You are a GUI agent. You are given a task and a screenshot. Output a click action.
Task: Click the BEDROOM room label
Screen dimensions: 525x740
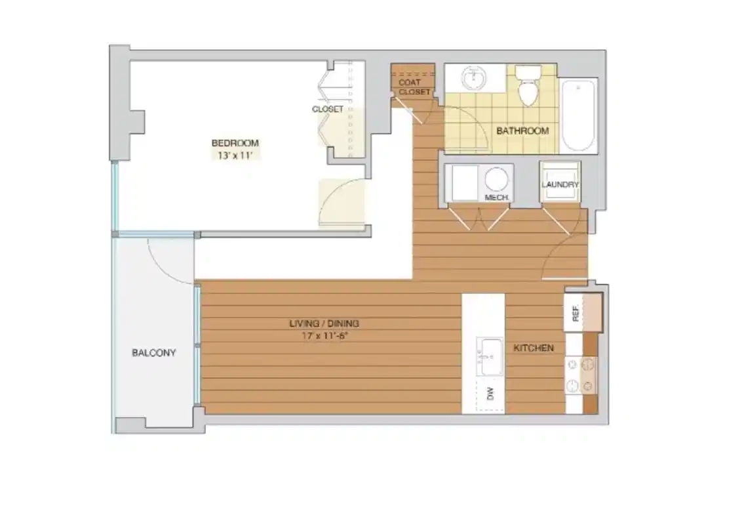pos(235,143)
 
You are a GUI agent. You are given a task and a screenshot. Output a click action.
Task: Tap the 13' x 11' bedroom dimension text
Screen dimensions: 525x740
pos(235,156)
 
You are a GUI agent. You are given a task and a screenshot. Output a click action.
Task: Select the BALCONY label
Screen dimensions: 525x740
pos(154,352)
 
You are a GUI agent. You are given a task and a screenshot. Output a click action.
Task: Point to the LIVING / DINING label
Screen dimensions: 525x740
pos(324,324)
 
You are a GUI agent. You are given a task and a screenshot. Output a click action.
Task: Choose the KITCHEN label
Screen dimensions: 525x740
pos(533,348)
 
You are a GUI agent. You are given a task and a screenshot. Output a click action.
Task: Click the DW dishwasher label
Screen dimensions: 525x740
pos(490,394)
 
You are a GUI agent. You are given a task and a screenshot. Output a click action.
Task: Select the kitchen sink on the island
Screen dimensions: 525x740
pos(489,358)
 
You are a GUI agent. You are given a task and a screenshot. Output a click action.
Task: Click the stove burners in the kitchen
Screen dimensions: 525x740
pos(581,375)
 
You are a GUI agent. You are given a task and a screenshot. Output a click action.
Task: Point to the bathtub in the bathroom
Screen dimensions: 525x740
pos(579,115)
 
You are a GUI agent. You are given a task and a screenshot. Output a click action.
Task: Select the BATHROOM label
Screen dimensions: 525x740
pos(522,131)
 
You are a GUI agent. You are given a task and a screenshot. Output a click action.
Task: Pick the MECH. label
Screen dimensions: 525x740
pos(497,197)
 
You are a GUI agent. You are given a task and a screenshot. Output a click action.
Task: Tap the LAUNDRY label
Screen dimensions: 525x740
pos(560,184)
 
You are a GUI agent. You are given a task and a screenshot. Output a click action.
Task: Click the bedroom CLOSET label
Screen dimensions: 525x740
pos(327,109)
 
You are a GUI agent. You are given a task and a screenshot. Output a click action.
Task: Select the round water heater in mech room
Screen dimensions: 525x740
pos(497,179)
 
